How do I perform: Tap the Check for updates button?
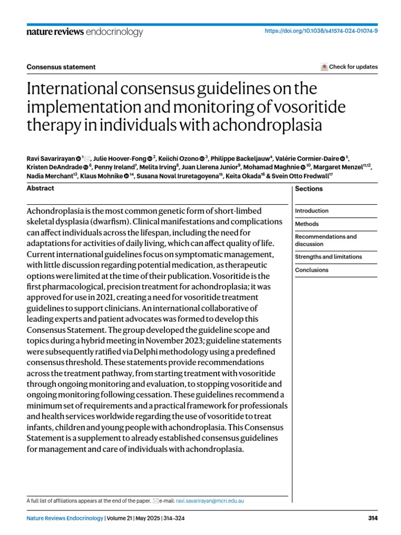point(349,67)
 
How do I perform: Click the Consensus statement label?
point(61,67)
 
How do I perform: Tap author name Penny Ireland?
point(123,167)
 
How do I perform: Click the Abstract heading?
point(40,188)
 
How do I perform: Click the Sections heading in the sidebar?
point(309,189)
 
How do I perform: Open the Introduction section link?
point(312,211)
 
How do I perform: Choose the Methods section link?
point(306,224)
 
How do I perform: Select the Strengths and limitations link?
point(328,257)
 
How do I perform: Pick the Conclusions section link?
point(312,270)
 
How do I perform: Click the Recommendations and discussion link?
point(325,240)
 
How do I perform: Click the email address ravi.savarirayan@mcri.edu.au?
point(209,501)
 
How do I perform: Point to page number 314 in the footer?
point(372,518)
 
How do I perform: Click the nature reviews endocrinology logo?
point(85,32)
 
